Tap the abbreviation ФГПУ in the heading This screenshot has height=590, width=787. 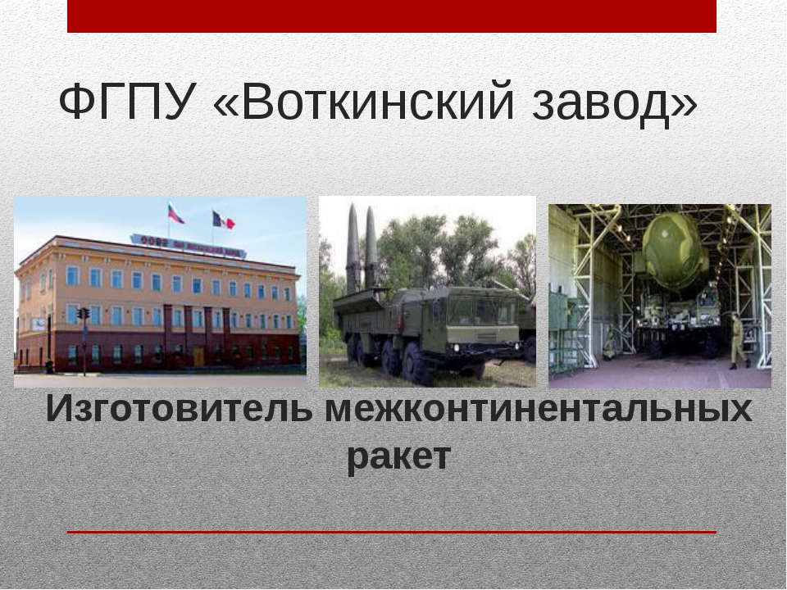pyautogui.click(x=127, y=104)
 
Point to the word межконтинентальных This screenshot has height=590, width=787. pyautogui.click(x=538, y=409)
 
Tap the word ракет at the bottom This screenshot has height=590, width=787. pyautogui.click(x=398, y=456)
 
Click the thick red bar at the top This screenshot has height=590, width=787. pyautogui.click(x=392, y=16)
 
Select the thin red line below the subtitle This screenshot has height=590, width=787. pyautogui.click(x=392, y=532)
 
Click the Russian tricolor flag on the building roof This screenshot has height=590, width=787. pyautogui.click(x=175, y=214)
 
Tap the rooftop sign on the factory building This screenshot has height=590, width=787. pyautogui.click(x=188, y=243)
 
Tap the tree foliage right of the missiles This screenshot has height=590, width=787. pyautogui.click(x=443, y=246)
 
